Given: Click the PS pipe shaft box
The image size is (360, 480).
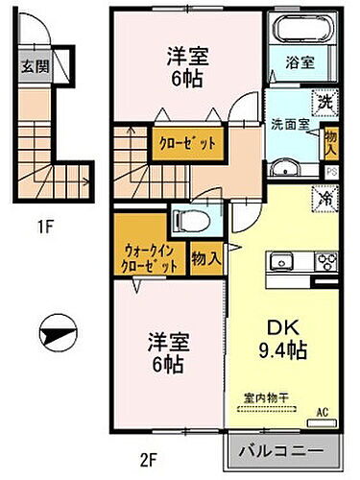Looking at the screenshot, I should (332, 173).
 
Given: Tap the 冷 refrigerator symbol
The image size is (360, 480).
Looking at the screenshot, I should (327, 198).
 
